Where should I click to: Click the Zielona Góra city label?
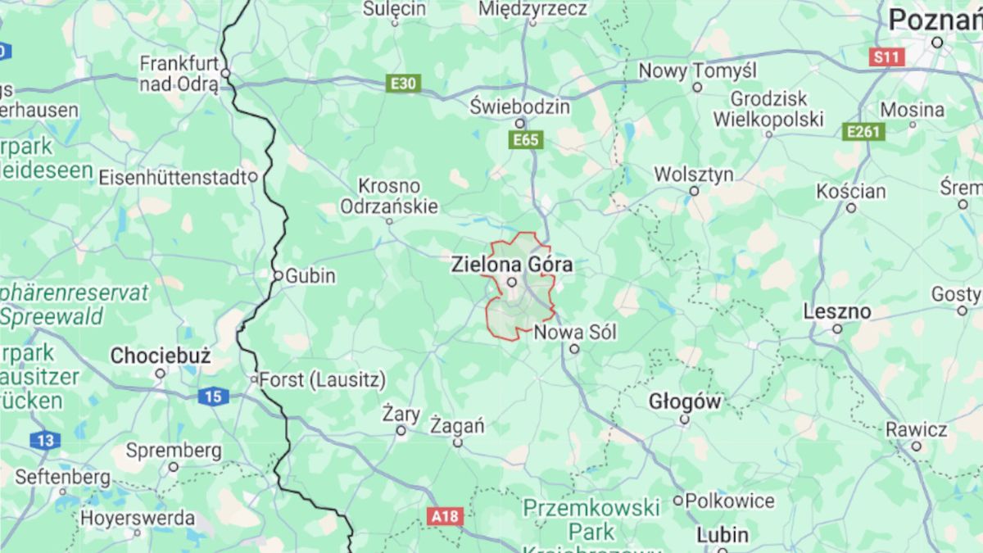point(512,265)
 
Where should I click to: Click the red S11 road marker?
point(886,57)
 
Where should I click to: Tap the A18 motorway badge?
point(445,516)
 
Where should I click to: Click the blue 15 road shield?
point(212,397)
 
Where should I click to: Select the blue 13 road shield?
point(45,441)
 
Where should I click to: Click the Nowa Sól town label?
point(575,333)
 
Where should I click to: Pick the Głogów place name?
point(685,401)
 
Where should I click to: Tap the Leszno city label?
point(836,311)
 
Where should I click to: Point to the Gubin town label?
point(310,276)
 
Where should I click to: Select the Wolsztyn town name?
point(694,174)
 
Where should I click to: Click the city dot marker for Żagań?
point(458,443)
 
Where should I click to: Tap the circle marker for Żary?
point(401,431)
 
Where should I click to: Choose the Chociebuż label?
point(161,356)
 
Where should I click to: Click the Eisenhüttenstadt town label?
point(172,177)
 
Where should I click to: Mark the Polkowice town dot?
point(678,501)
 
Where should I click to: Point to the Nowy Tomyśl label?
point(697,70)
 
